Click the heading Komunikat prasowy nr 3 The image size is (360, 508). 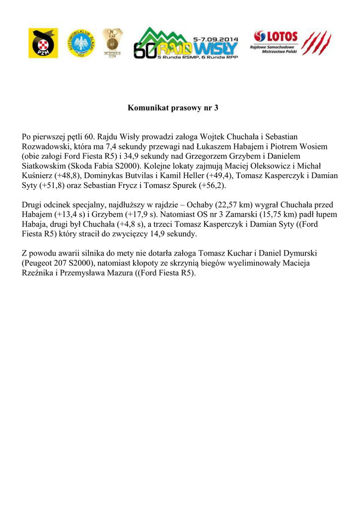173,108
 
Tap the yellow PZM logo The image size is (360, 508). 43,43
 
